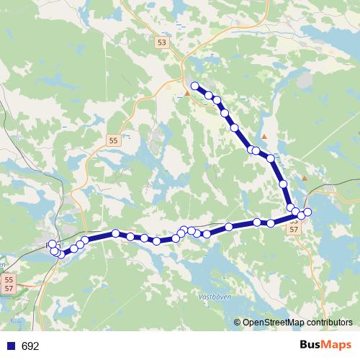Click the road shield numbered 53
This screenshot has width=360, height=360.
point(161,44)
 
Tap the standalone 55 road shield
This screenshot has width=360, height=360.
point(114,142)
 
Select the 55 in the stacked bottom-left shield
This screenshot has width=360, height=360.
point(9,279)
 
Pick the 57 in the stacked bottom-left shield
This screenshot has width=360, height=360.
point(9,288)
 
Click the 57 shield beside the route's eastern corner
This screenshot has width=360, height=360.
point(293,229)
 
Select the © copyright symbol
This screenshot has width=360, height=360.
point(238,323)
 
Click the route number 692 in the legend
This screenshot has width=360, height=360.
point(30,346)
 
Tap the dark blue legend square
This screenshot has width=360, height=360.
point(11,346)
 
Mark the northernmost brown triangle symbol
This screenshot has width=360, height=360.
point(187,93)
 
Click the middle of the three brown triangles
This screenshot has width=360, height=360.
point(264,136)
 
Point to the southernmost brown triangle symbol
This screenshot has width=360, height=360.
point(305,179)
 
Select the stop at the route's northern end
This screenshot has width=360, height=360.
point(194,86)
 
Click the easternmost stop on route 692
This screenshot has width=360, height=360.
point(307,212)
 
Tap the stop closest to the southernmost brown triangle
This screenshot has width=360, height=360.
point(284,184)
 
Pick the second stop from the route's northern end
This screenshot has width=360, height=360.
point(209,95)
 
